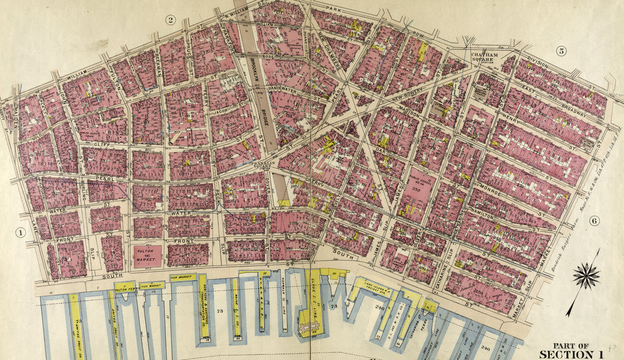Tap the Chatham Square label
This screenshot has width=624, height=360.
point(485,57)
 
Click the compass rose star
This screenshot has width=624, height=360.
point(586,276)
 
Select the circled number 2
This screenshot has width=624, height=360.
point(171,20)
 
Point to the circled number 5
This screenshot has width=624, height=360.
point(560,51)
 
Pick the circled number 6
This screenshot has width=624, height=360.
point(595,220)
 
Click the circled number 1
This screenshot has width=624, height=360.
point(20,232)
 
